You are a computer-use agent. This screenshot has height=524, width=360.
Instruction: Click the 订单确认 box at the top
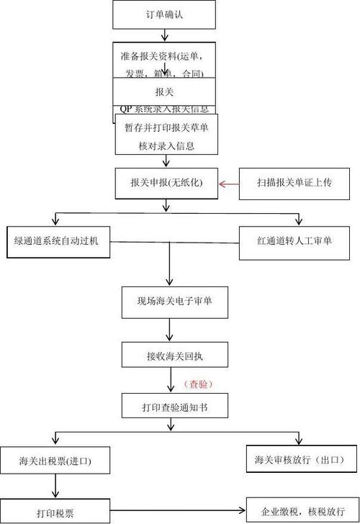pyautogui.click(x=164, y=14)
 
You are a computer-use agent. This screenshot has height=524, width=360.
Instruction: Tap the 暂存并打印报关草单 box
pyautogui.click(x=166, y=137)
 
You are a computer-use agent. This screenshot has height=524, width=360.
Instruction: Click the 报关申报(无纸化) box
pyautogui.click(x=166, y=184)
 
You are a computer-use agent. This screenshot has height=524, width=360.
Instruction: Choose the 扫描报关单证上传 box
pyautogui.click(x=284, y=184)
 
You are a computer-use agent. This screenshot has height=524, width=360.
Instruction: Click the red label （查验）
pyautogui.click(x=199, y=384)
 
